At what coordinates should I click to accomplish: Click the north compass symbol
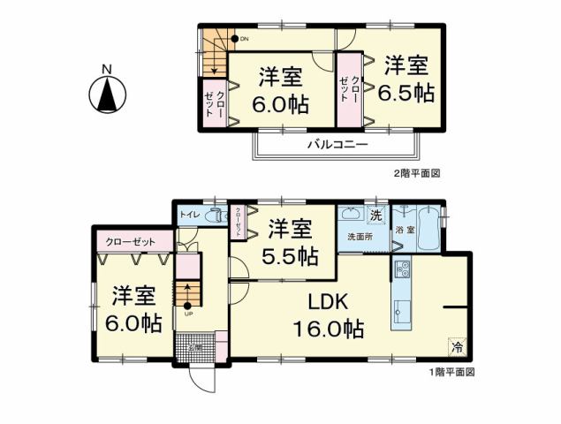pos(108,93)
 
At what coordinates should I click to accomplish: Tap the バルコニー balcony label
pos(337,145)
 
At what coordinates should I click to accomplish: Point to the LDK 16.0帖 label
pos(329,315)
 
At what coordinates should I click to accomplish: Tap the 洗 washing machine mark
pos(375,216)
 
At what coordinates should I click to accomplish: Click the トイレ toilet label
pos(188,215)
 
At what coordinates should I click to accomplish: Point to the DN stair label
pos(244,39)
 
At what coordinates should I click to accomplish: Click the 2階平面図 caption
pos(415,174)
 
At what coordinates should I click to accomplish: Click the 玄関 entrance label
pos(195,347)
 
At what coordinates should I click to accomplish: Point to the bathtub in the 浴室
pos(429,229)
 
